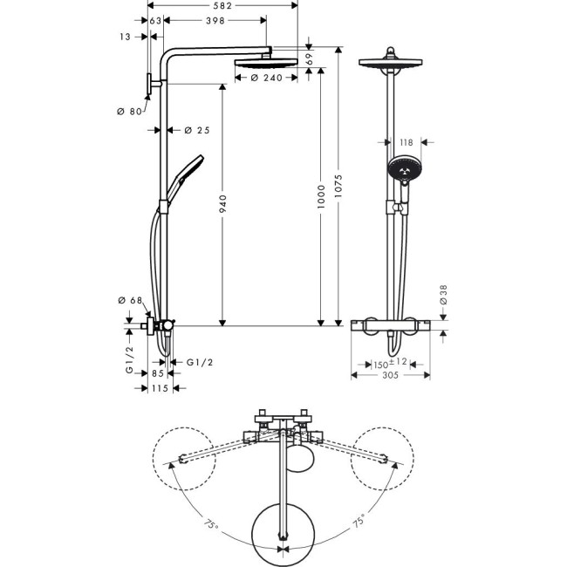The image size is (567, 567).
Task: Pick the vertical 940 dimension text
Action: (222, 205)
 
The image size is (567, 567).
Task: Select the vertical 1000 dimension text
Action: (320, 195)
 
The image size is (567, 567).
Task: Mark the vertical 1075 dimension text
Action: (341, 187)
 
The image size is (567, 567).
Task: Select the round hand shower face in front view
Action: (403, 168)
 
